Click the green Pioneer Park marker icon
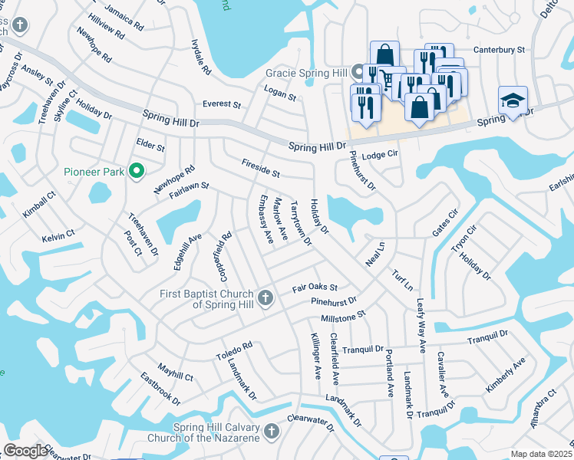click(x=137, y=172)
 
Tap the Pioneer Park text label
click(x=94, y=172)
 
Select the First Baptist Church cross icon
click(x=265, y=297)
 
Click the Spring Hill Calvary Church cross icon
click(x=269, y=433)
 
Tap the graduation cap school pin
click(x=513, y=102)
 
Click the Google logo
click(x=25, y=451)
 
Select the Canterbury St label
click(x=499, y=50)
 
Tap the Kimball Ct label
click(x=39, y=205)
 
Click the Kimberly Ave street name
click(x=505, y=375)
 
